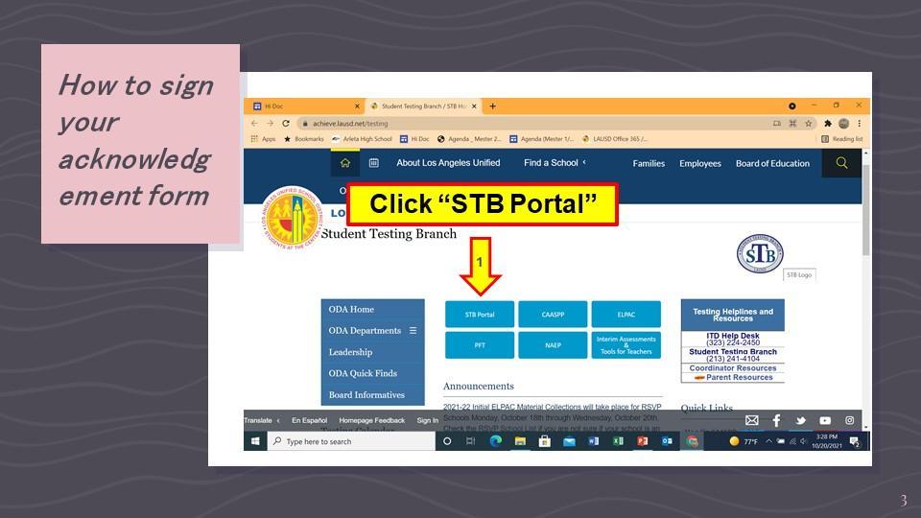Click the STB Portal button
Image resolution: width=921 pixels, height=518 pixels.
tap(480, 315)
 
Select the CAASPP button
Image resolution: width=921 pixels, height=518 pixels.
tap(553, 315)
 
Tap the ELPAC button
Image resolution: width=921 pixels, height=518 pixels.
tap(626, 315)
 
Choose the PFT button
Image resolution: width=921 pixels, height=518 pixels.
tap(480, 345)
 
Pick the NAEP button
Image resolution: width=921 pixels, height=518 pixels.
tap(553, 345)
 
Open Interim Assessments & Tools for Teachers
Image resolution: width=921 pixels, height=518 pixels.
tap(626, 345)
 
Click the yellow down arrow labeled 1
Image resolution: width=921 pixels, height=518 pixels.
tap(480, 267)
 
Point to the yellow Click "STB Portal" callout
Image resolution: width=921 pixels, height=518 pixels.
tap(483, 204)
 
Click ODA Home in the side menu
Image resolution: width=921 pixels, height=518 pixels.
tap(351, 310)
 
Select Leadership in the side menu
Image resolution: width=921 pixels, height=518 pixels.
tap(350, 352)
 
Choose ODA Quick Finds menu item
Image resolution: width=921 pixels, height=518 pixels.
tap(363, 373)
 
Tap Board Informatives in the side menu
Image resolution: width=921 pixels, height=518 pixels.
tap(366, 395)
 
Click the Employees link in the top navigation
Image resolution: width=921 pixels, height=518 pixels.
tap(700, 163)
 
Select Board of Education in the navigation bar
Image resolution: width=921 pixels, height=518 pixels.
tap(772, 163)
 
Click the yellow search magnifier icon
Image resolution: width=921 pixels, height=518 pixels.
tap(841, 163)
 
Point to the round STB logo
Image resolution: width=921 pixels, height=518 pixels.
tap(760, 253)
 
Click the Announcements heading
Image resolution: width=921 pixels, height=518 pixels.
tap(479, 387)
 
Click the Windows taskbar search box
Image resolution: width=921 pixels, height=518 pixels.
tap(350, 441)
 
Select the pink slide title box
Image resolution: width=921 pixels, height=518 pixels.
tap(140, 143)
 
